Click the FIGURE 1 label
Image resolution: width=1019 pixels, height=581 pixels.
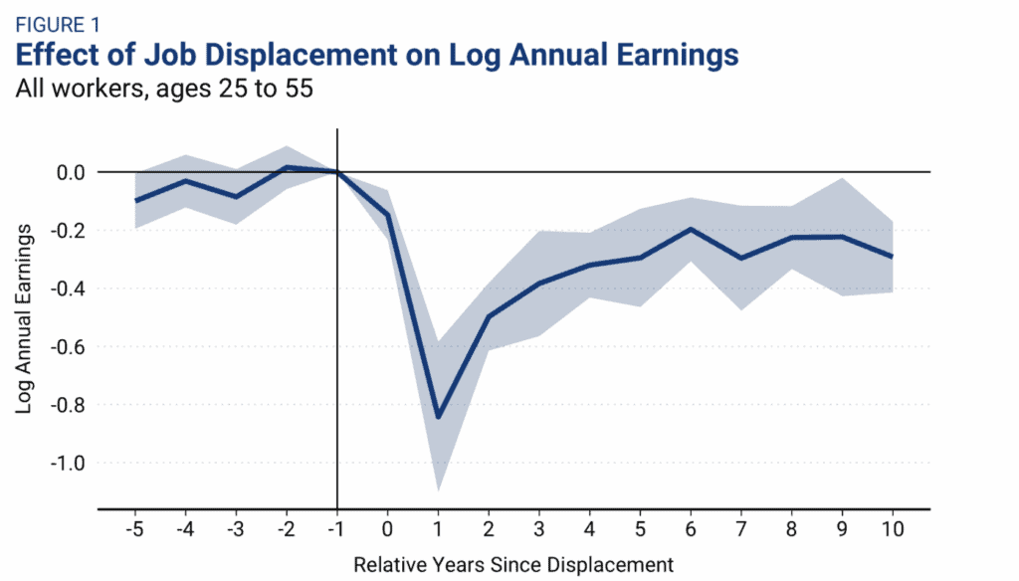pos(58,21)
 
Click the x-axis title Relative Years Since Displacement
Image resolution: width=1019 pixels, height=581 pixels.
pos(513,564)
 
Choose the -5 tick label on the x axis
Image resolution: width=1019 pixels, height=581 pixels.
pos(134,528)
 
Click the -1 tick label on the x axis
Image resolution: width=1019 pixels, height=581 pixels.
pos(337,528)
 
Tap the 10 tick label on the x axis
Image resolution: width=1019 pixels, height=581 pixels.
pos(892,528)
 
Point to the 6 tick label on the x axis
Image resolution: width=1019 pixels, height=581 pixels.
pos(691,528)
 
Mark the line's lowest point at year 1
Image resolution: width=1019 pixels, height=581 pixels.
pos(438,417)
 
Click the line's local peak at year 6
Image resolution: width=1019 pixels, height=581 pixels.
pos(691,229)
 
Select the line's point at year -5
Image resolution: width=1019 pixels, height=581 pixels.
pos(135,201)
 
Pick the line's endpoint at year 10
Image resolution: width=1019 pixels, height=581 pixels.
pos(892,257)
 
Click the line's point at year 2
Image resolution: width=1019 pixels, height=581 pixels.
pos(489,316)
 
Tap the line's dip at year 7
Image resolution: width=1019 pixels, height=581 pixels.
pos(740,259)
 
